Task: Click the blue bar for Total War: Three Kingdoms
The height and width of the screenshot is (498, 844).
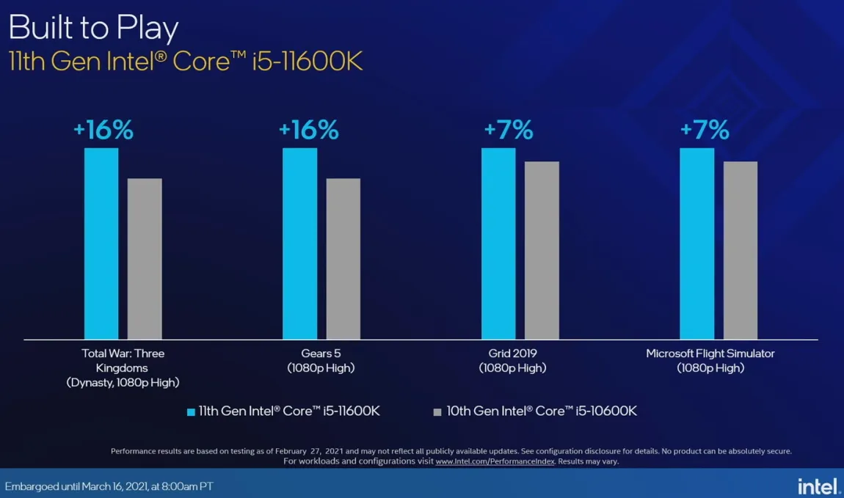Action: coord(101,243)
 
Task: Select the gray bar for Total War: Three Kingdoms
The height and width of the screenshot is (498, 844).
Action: coord(145,259)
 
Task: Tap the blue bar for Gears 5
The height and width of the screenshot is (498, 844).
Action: coord(299,243)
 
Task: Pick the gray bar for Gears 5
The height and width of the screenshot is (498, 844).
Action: coord(343,259)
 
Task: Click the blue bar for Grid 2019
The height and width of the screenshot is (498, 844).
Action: coord(498,243)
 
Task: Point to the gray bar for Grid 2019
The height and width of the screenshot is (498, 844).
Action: coord(542,250)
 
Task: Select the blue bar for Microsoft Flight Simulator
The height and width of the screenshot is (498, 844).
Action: coord(696,243)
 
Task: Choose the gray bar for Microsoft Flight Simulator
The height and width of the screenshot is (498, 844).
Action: coord(740,250)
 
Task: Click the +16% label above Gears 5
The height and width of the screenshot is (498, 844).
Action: coord(308,131)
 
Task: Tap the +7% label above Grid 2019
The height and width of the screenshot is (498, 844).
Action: coord(508,131)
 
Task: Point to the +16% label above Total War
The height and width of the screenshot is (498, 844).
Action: coord(103,131)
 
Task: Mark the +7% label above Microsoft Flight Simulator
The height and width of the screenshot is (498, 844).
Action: coord(705,131)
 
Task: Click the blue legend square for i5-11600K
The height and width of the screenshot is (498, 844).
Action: coord(192,411)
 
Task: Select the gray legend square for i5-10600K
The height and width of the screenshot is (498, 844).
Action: coord(437,411)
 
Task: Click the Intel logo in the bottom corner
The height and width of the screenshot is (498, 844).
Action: coord(818,485)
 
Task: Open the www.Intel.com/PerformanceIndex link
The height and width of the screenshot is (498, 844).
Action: coord(495,461)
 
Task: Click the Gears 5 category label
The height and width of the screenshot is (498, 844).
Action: coord(321,354)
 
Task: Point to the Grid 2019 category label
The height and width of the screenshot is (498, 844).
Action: coord(512,354)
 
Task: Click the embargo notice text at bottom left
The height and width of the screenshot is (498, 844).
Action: coord(109,486)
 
